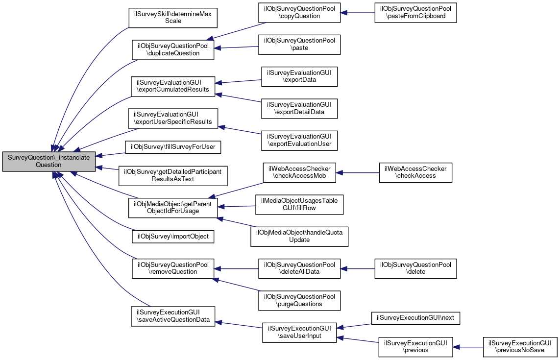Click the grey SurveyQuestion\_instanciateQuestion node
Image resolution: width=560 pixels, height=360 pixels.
(49, 162)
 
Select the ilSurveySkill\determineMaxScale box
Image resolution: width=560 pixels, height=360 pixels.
(173, 18)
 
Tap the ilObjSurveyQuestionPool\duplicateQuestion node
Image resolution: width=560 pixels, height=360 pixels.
(173, 49)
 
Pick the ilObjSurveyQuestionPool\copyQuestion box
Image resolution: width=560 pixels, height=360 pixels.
(299, 13)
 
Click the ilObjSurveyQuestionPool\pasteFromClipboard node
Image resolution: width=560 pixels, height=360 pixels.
(416, 13)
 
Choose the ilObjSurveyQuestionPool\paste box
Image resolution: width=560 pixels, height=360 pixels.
(299, 45)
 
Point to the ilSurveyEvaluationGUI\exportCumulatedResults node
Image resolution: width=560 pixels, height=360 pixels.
(173, 86)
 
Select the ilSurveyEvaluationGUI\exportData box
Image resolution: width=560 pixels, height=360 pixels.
(299, 76)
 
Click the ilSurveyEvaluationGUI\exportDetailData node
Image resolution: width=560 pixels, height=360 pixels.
(299, 109)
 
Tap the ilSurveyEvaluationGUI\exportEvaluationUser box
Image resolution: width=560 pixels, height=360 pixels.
(299, 141)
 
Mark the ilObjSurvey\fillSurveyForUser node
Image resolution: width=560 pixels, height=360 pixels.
(173, 147)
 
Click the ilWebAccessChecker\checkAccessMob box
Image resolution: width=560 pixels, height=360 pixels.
(299, 172)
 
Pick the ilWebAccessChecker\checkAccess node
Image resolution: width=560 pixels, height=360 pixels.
(416, 172)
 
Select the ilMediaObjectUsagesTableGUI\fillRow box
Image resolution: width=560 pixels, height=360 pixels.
(299, 205)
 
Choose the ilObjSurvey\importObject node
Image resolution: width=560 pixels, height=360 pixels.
(173, 237)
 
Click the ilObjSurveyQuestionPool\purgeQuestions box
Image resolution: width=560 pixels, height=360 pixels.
(299, 301)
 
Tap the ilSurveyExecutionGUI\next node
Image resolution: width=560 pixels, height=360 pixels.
(416, 318)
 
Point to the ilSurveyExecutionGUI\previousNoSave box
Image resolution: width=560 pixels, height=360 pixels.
(520, 347)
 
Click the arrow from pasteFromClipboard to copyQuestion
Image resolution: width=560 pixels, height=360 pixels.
(358, 13)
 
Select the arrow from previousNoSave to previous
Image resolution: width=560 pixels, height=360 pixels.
(468, 347)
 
